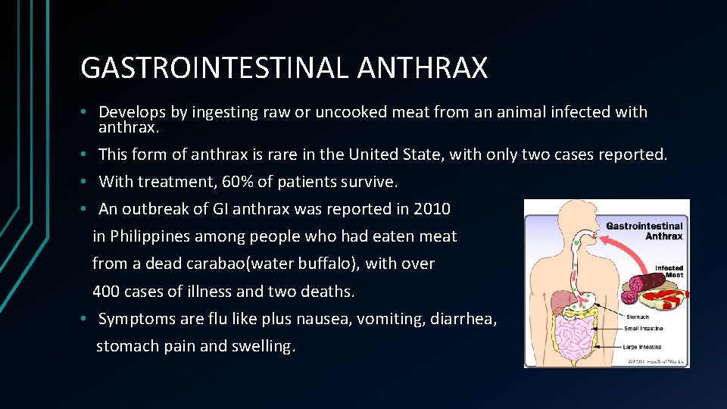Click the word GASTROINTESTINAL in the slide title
point(214,68)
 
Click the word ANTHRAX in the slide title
point(423,68)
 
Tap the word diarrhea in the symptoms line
point(463,319)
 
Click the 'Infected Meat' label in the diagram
point(669,271)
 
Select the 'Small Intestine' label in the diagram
point(644,329)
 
